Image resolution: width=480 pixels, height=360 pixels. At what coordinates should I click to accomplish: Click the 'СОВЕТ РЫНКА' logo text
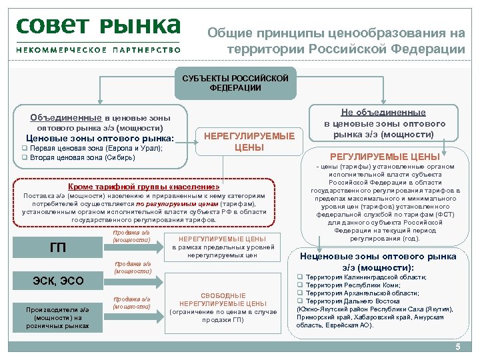pos(98,27)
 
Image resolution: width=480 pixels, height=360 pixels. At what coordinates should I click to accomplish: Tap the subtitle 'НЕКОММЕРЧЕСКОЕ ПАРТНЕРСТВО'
pos(99,50)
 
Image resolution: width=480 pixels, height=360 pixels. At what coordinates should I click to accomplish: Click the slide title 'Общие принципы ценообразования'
pos(336,33)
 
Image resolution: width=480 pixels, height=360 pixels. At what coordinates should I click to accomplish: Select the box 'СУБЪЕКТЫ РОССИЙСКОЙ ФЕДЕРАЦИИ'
pos(235,83)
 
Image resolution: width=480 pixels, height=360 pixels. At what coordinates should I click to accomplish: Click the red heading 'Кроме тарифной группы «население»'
pos(144,187)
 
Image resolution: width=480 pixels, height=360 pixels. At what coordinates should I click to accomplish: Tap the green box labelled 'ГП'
pos(58,248)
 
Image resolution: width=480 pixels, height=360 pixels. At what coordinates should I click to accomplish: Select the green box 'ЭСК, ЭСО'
pos(58,281)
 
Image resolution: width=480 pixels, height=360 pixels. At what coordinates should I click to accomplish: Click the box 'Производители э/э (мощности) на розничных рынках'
pos(57,317)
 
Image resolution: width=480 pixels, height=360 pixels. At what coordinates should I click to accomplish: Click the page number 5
pos(457,347)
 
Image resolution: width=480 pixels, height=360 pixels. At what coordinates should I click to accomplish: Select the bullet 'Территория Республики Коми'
pos(351,285)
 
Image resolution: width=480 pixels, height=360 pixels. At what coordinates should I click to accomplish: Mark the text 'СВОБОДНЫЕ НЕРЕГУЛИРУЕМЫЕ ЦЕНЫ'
pos(223,299)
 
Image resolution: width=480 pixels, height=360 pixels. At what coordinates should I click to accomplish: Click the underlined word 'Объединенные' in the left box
pos(65,117)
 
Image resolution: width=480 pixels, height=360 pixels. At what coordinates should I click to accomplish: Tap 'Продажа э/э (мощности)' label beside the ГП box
pos(131,236)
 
